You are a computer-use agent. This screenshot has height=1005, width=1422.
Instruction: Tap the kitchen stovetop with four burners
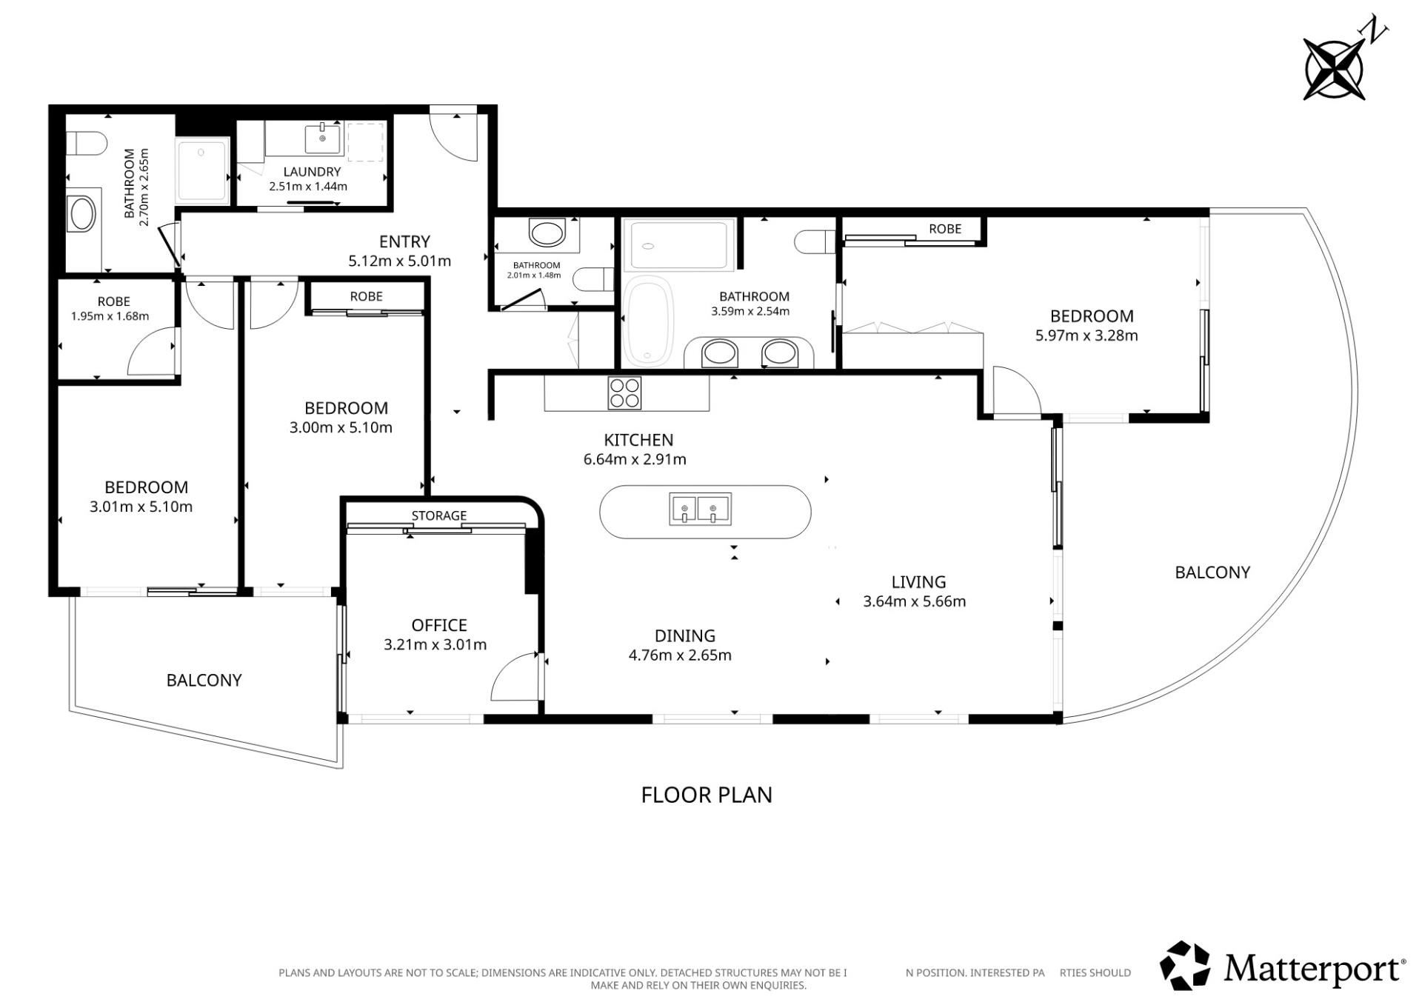[624, 393]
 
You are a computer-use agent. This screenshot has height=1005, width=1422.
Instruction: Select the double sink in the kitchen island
[700, 510]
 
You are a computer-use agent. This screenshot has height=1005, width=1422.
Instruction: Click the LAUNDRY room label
[312, 172]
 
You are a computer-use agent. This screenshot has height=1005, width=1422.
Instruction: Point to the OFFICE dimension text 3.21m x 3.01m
[435, 645]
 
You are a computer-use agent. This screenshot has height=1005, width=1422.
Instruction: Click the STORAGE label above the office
[439, 515]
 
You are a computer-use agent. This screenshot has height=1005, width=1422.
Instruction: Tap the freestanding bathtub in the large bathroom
[649, 321]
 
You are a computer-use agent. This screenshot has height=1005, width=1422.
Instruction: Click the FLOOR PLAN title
[707, 795]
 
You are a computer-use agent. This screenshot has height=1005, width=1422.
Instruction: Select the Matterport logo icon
[1185, 966]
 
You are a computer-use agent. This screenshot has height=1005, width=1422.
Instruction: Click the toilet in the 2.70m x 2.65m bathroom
[87, 143]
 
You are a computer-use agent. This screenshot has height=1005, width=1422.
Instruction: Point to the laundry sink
[323, 138]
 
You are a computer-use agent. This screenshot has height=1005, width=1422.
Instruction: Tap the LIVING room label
[918, 582]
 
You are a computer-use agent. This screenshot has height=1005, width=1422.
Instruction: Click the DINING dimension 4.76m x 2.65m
[680, 655]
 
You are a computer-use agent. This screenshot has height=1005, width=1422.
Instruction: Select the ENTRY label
[404, 241]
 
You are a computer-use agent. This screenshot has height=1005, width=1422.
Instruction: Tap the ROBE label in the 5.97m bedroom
[945, 229]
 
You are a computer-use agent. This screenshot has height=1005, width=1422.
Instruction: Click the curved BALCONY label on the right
[1212, 572]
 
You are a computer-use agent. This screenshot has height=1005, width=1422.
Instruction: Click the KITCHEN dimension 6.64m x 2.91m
[635, 459]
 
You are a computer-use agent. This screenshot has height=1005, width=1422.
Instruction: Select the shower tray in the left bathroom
[201, 170]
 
